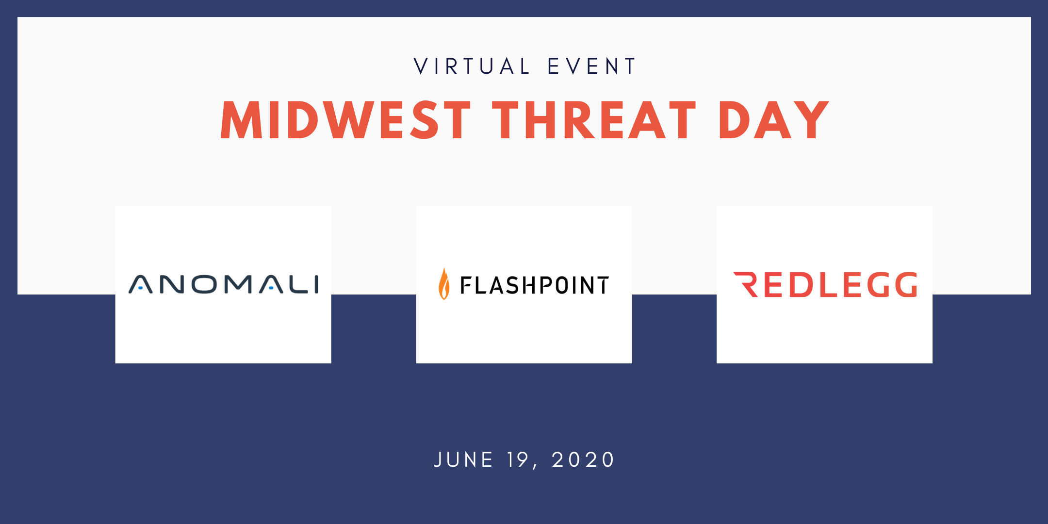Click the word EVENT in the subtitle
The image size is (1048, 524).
click(591, 66)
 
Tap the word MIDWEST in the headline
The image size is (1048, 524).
click(345, 120)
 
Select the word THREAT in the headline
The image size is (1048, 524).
click(594, 120)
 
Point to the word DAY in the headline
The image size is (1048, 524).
click(773, 120)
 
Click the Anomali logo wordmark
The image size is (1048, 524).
click(224, 284)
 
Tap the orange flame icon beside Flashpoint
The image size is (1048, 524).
click(444, 284)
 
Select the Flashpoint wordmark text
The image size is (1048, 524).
click(534, 285)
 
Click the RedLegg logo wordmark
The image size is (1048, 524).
click(825, 284)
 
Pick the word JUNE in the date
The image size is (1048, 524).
click(463, 459)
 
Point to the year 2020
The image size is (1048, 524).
click(583, 459)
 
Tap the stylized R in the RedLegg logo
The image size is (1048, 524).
click(746, 284)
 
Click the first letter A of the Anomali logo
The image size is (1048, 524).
click(140, 284)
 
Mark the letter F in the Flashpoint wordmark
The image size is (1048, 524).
click(465, 285)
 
